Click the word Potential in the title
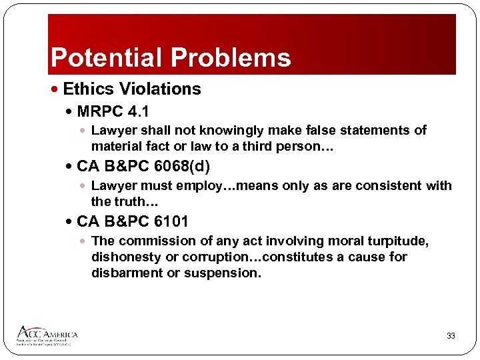pos(107,58)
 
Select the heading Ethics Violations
pos(132,89)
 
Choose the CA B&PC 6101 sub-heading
pos(133,221)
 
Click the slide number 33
pos(451,336)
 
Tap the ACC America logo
pos(47,335)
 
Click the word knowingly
pos(238,131)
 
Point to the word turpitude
pos(397,241)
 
